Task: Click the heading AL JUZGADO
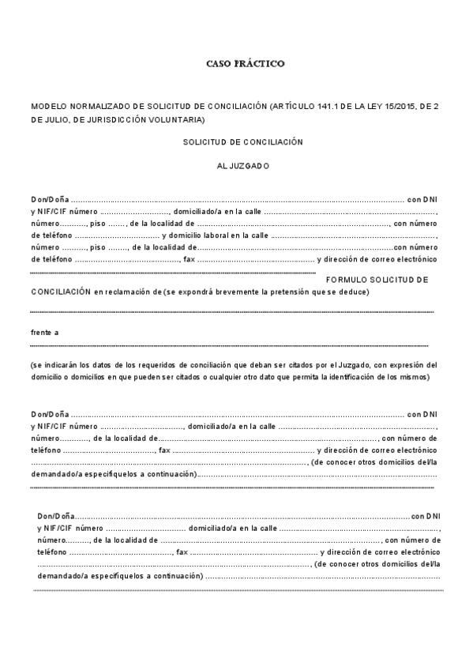(243, 166)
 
